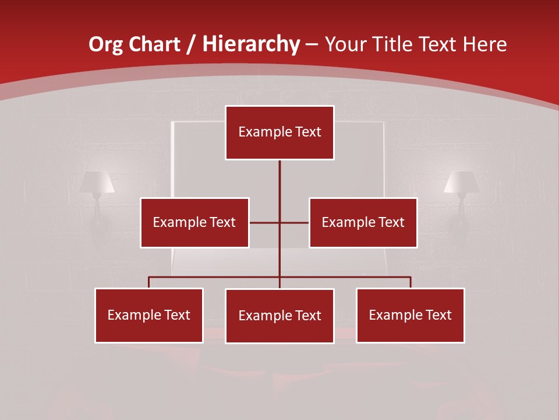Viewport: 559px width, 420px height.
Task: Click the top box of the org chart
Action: (279, 132)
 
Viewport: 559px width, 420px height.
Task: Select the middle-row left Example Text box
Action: (194, 222)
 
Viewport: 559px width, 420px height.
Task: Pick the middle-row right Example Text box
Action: (363, 222)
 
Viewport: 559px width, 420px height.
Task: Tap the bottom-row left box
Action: (149, 315)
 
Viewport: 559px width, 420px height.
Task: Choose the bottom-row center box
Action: (279, 316)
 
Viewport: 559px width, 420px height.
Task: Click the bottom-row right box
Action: (410, 315)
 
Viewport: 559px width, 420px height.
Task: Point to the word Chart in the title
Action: (155, 44)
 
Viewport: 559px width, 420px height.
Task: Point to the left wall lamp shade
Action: (97, 181)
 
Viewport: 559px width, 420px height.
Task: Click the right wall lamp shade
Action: (461, 181)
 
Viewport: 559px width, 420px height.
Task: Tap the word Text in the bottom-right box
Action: (437, 315)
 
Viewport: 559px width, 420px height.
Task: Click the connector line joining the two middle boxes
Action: (265, 222)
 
